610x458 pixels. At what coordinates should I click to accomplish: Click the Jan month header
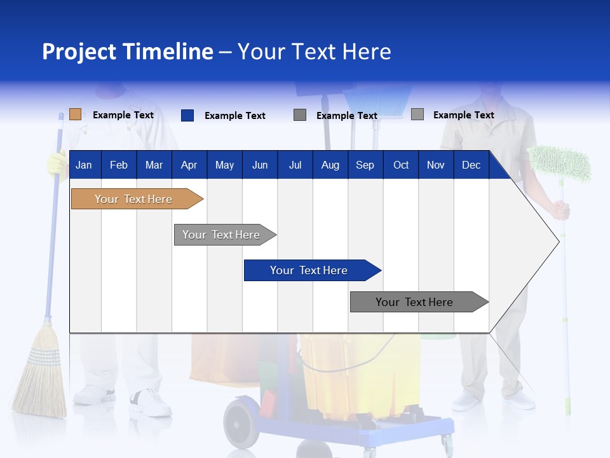84,165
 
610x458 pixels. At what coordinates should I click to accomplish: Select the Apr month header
189,165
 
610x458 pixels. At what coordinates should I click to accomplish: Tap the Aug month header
330,165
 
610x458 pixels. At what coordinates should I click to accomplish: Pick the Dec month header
471,165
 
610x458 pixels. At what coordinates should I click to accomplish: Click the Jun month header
259,165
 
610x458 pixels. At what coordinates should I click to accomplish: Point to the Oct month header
400,165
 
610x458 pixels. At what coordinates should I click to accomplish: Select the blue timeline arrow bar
310,270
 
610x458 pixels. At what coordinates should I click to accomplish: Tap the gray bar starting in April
222,235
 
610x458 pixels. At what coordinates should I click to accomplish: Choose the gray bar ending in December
416,302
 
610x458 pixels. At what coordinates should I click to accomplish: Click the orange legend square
75,114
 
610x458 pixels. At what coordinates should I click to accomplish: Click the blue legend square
187,115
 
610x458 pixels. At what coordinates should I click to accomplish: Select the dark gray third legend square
300,115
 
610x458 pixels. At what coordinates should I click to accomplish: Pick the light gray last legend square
417,114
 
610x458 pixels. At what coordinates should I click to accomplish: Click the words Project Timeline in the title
127,52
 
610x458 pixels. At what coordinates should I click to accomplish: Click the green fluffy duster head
560,163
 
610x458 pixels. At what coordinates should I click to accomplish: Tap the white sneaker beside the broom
151,402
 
